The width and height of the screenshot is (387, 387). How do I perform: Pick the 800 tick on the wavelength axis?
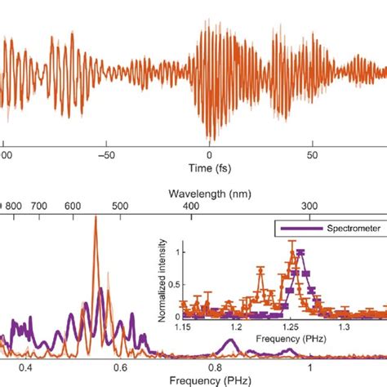click(x=14, y=207)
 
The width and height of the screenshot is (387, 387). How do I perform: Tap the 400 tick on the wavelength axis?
click(x=190, y=207)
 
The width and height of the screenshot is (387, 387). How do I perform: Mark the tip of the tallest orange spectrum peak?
click(x=96, y=216)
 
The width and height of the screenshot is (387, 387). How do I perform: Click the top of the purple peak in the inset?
click(x=301, y=251)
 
